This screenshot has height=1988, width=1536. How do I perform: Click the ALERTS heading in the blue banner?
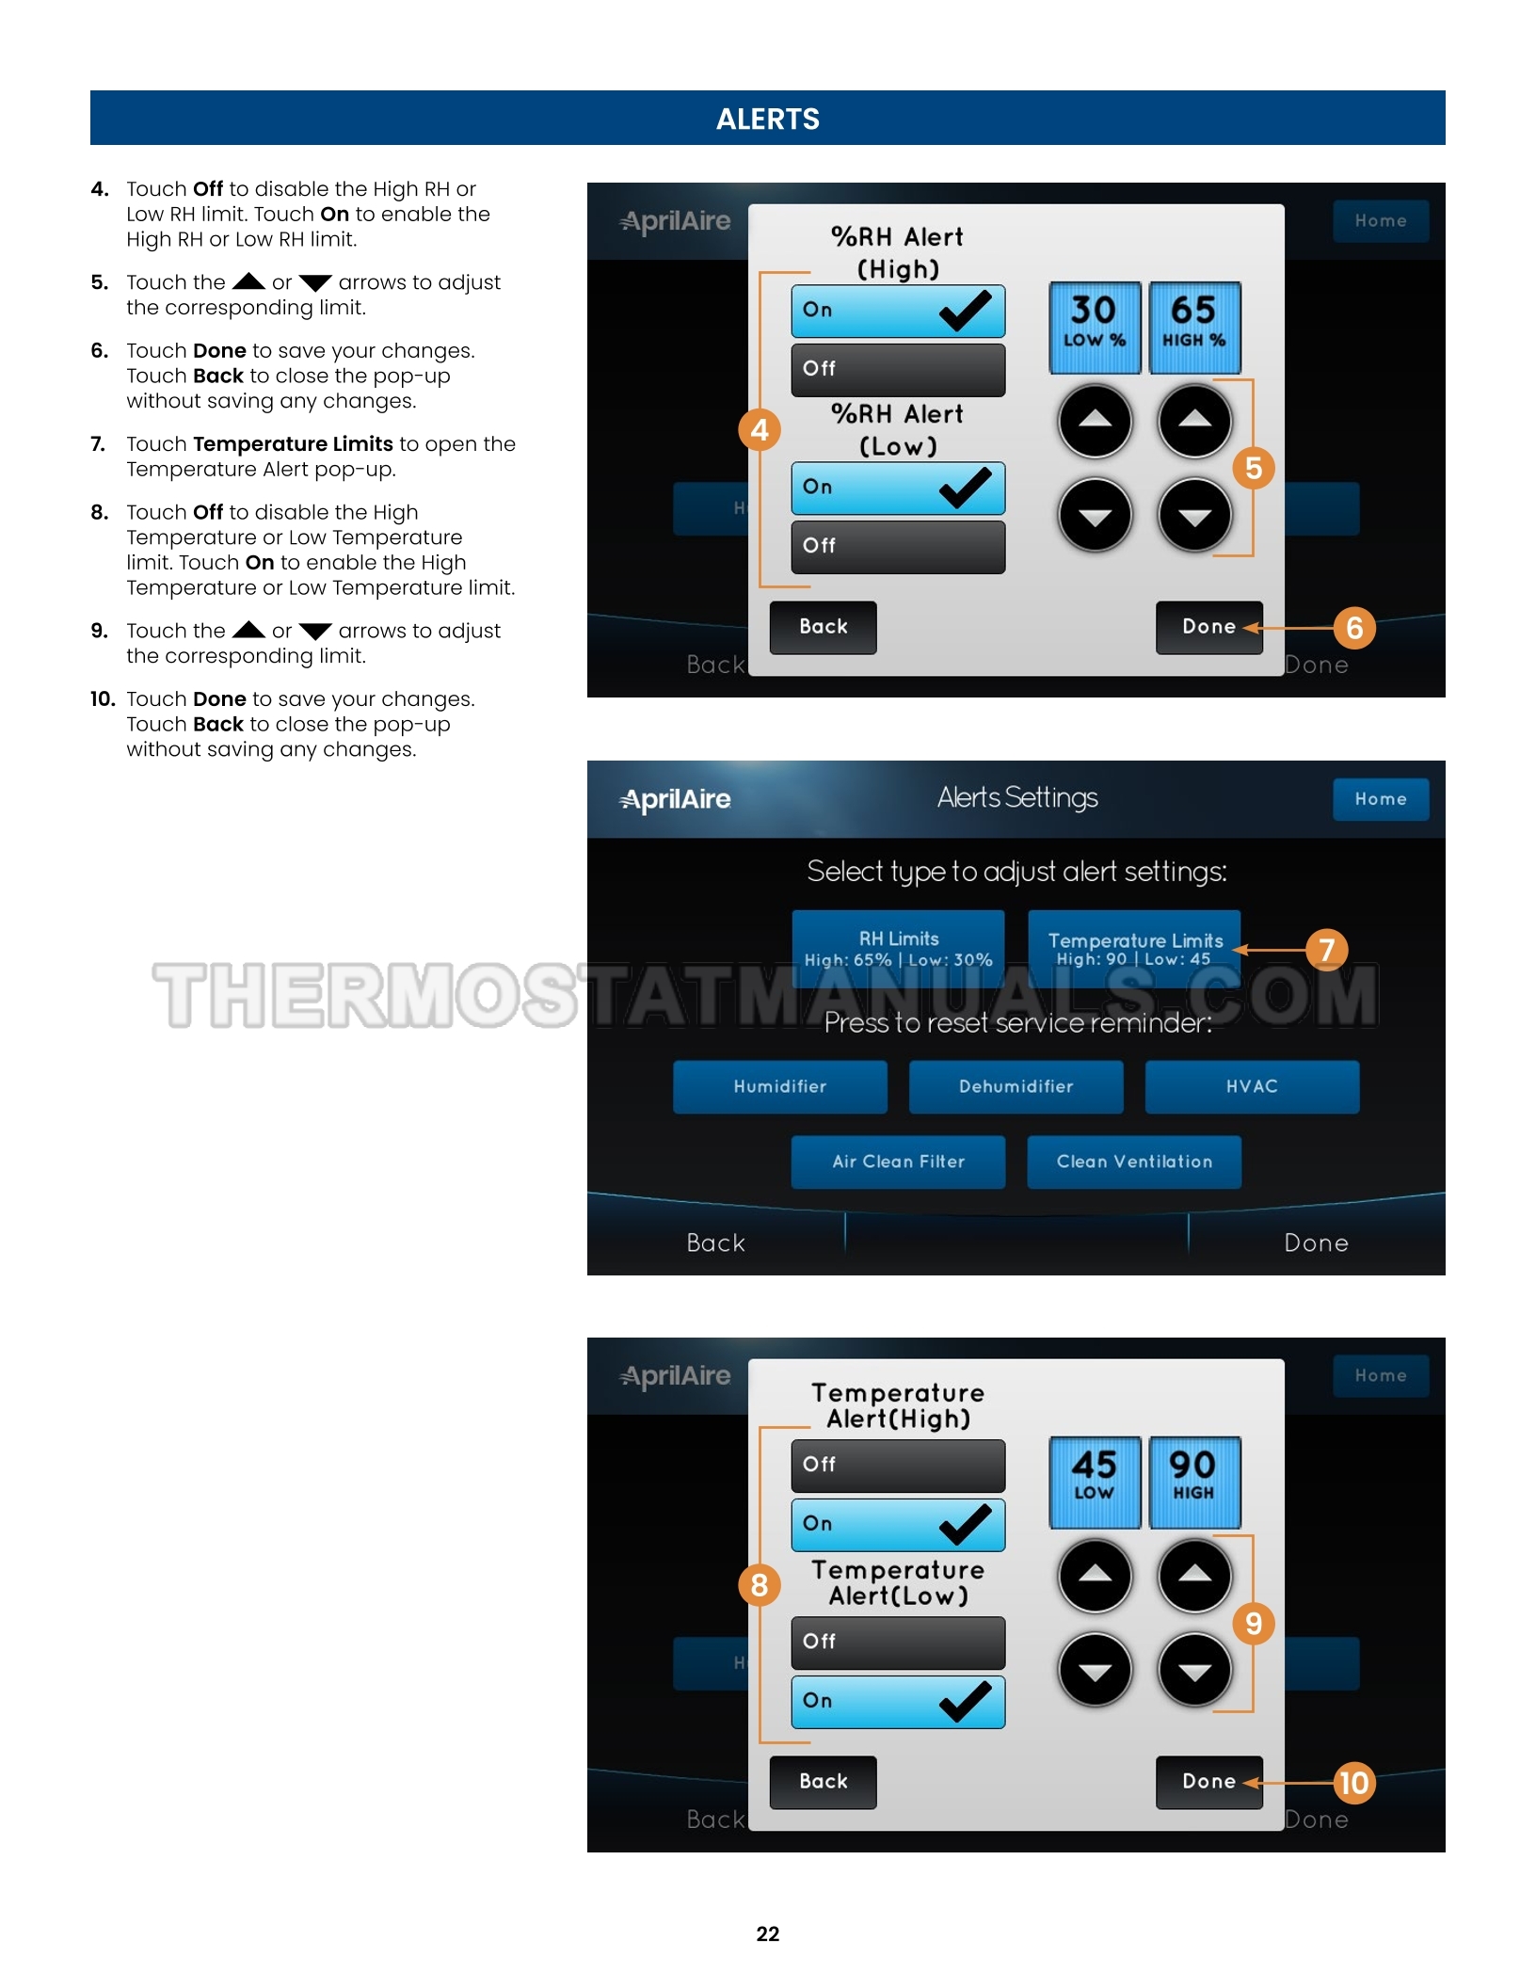[x=768, y=119]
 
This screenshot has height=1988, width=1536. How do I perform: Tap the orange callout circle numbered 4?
[x=760, y=430]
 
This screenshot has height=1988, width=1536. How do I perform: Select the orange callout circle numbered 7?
[x=1326, y=950]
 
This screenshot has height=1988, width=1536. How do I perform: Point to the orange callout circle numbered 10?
[x=1354, y=1783]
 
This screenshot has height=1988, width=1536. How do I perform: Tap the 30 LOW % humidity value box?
[x=1095, y=327]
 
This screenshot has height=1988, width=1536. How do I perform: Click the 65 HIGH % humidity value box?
[x=1194, y=327]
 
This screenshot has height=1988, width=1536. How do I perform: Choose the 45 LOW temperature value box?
[x=1095, y=1482]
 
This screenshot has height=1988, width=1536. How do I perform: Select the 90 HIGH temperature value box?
[x=1194, y=1482]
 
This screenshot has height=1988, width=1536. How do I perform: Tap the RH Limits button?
[x=899, y=948]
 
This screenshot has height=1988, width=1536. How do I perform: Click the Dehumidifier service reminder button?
[x=1016, y=1086]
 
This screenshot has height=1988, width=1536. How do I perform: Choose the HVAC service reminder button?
[x=1252, y=1086]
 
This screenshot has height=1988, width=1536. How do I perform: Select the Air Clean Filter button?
[x=899, y=1162]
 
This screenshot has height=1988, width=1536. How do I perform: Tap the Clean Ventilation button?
[x=1134, y=1162]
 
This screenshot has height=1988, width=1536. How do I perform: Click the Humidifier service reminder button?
[x=780, y=1086]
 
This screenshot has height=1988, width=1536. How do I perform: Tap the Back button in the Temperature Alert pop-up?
[x=824, y=1782]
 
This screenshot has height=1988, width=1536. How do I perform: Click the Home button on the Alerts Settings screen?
[x=1381, y=799]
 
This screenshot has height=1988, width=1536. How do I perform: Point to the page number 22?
[x=768, y=1933]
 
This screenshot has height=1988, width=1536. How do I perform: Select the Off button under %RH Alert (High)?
[x=899, y=369]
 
